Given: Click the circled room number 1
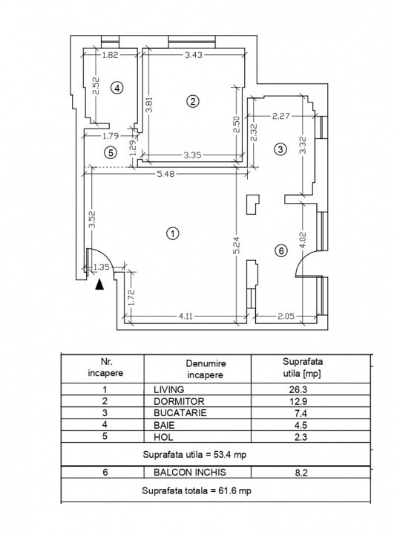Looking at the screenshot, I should (172, 233).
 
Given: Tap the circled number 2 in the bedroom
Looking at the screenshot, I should (193, 101).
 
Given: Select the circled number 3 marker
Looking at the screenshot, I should (280, 149).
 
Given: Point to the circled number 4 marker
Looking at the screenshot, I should (116, 88).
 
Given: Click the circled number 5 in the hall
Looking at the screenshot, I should (111, 153).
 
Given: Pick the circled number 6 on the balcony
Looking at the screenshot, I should (280, 250).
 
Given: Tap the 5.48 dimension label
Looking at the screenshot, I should (165, 174).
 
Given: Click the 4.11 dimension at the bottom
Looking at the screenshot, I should (185, 317).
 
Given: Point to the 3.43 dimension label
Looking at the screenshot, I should (194, 54).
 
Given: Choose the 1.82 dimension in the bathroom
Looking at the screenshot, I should (110, 54).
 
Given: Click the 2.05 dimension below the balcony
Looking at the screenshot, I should (286, 317).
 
